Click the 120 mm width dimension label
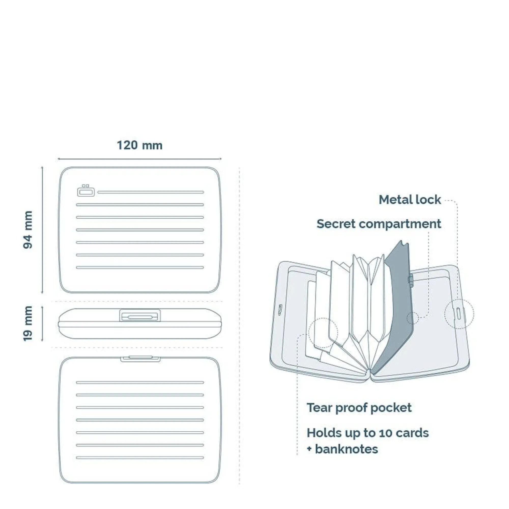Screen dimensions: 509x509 [139, 145]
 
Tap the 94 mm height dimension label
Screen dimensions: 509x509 [28, 230]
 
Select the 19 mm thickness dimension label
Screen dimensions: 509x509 [28, 324]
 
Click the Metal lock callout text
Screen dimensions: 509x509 [410, 200]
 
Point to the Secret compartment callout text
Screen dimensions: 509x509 [379, 224]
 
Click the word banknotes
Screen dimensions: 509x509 [347, 449]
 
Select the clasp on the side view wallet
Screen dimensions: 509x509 [140, 315]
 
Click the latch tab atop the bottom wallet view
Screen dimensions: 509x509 [140, 359]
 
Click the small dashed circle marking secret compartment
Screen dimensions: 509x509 [413, 318]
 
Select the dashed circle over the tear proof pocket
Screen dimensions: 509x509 [323, 332]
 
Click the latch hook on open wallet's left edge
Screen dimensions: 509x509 [280, 309]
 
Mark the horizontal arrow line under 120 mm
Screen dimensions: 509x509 [140, 159]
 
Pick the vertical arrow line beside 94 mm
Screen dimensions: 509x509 [42, 230]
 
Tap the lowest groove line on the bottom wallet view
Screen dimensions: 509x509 [140, 458]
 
